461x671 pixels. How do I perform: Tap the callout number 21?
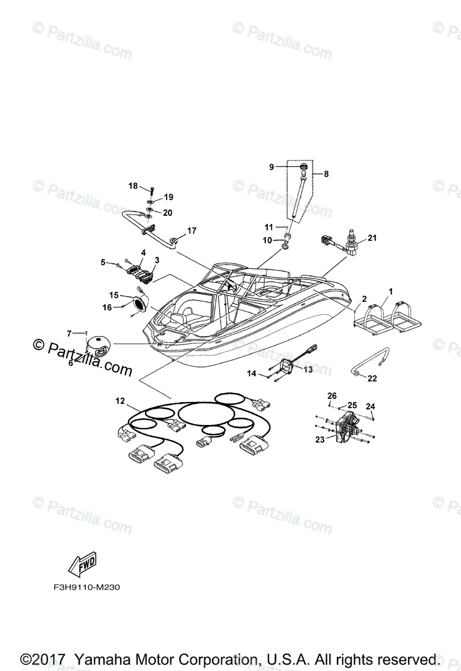372,238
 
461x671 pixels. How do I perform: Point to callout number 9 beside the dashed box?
272,167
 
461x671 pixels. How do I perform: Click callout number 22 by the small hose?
372,379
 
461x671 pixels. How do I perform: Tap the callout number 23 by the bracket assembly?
319,440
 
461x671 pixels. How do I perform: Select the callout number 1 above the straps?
391,291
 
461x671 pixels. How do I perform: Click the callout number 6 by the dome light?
71,363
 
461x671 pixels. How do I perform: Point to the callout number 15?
114,295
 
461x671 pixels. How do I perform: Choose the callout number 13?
308,369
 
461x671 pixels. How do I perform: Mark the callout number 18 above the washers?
133,186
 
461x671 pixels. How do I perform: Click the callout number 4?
144,253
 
